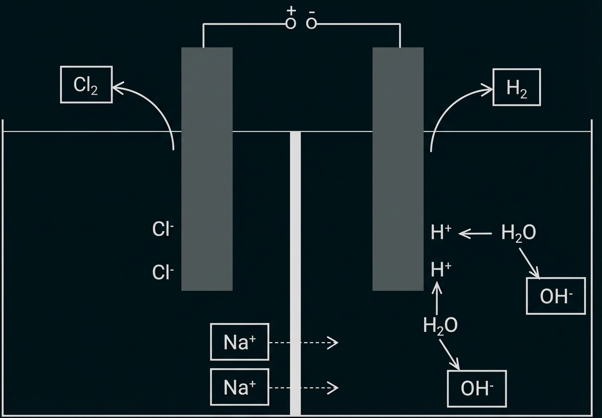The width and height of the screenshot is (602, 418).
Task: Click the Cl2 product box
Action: click(86, 85)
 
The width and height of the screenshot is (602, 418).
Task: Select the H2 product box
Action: click(516, 88)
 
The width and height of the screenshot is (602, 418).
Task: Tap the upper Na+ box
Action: click(240, 342)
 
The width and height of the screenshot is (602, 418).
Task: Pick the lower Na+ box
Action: click(240, 387)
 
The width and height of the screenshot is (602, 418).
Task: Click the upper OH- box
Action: click(556, 296)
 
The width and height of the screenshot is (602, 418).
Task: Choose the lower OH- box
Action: click(477, 388)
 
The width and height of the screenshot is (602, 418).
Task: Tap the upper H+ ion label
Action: click(441, 233)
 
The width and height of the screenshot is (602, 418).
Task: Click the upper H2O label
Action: click(518, 233)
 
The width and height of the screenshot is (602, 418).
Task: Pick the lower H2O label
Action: click(440, 326)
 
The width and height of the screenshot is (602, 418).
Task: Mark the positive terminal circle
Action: click(290, 23)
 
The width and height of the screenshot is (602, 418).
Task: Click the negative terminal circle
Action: click(312, 23)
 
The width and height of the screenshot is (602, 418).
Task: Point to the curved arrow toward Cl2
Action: click(155, 106)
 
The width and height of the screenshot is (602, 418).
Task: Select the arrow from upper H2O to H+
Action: click(475, 234)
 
